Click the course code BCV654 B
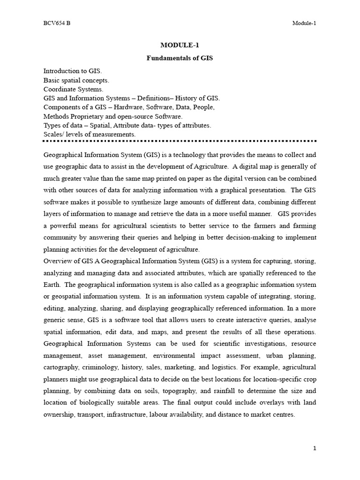(x=57, y=23)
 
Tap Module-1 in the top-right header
(x=304, y=23)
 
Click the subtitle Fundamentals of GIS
(x=180, y=59)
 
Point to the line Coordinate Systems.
(x=74, y=89)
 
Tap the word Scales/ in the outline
(x=54, y=134)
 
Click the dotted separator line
(x=180, y=141)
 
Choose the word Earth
(x=52, y=285)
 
